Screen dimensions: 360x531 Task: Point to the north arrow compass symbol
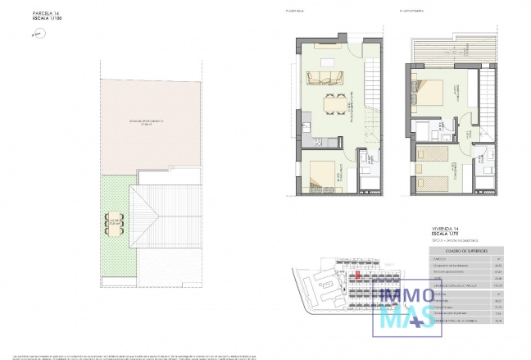click(x=33, y=34)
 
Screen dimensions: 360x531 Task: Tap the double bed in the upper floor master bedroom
click(x=434, y=91)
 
